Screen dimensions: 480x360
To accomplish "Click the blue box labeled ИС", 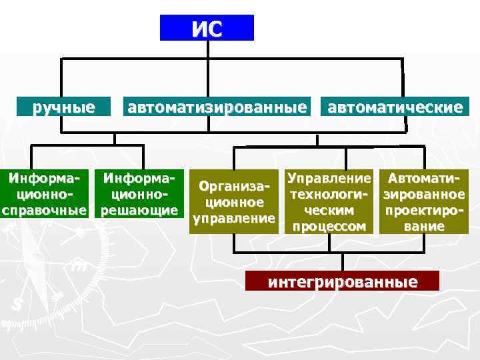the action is [207, 28].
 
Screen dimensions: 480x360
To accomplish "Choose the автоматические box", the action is [395, 107].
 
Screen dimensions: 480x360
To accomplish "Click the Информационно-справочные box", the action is [44, 194].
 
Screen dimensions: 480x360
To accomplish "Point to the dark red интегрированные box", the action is [343, 281].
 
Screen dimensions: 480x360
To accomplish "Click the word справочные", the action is [44, 211].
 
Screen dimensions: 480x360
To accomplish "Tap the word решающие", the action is [139, 211].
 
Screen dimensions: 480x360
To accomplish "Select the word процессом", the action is [327, 227].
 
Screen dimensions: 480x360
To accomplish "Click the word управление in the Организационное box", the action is [233, 219].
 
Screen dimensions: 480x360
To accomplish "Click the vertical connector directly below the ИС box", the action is [207, 49].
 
